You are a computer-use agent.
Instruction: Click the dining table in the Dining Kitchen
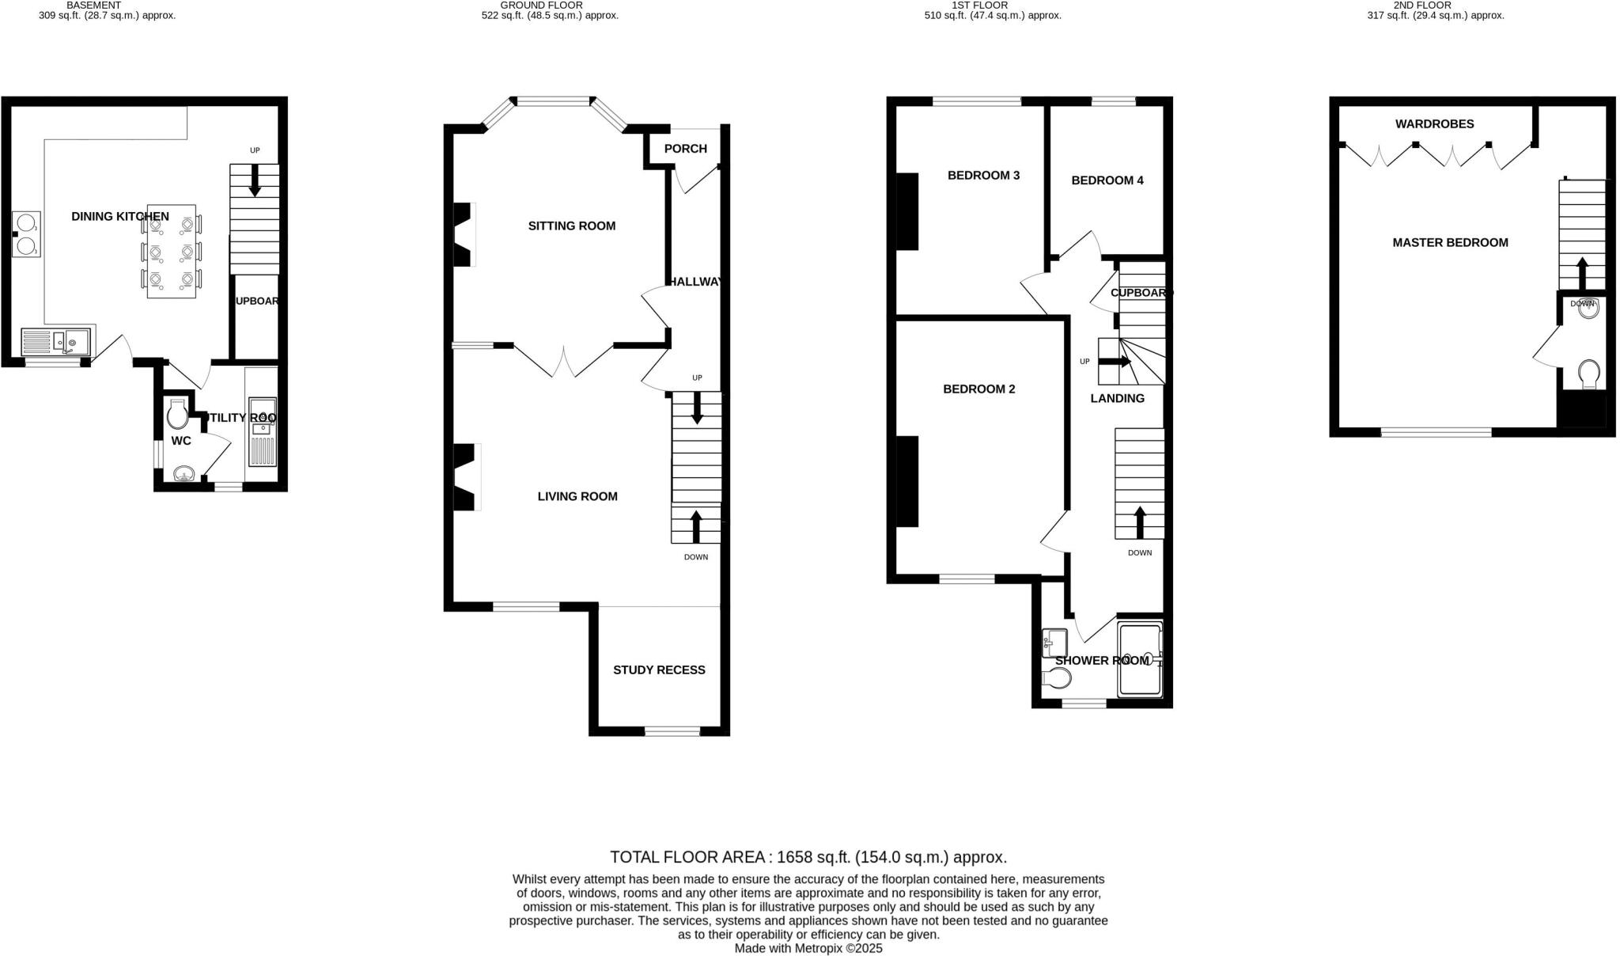pos(172,252)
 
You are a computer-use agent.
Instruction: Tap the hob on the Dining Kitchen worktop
pos(26,234)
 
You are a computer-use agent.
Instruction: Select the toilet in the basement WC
pos(177,412)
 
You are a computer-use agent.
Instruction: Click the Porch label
pos(685,149)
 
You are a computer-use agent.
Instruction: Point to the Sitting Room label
pos(571,226)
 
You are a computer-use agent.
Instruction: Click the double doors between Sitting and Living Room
pos(563,360)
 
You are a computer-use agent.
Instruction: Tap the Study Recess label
pos(659,670)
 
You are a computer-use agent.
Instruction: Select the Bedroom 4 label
pos(1107,180)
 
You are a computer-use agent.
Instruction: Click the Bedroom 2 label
pos(978,389)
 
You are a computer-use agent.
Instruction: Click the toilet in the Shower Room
pos(1056,678)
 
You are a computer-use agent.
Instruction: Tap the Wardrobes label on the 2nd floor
pos(1434,124)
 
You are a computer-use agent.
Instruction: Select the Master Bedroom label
pos(1450,243)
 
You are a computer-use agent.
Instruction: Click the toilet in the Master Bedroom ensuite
pos(1588,373)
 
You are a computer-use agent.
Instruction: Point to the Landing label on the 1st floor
pos(1117,399)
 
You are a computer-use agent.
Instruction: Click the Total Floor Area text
pos(808,857)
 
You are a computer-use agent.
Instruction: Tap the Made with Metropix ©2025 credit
pos(808,948)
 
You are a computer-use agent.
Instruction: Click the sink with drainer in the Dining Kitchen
pos(56,342)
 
